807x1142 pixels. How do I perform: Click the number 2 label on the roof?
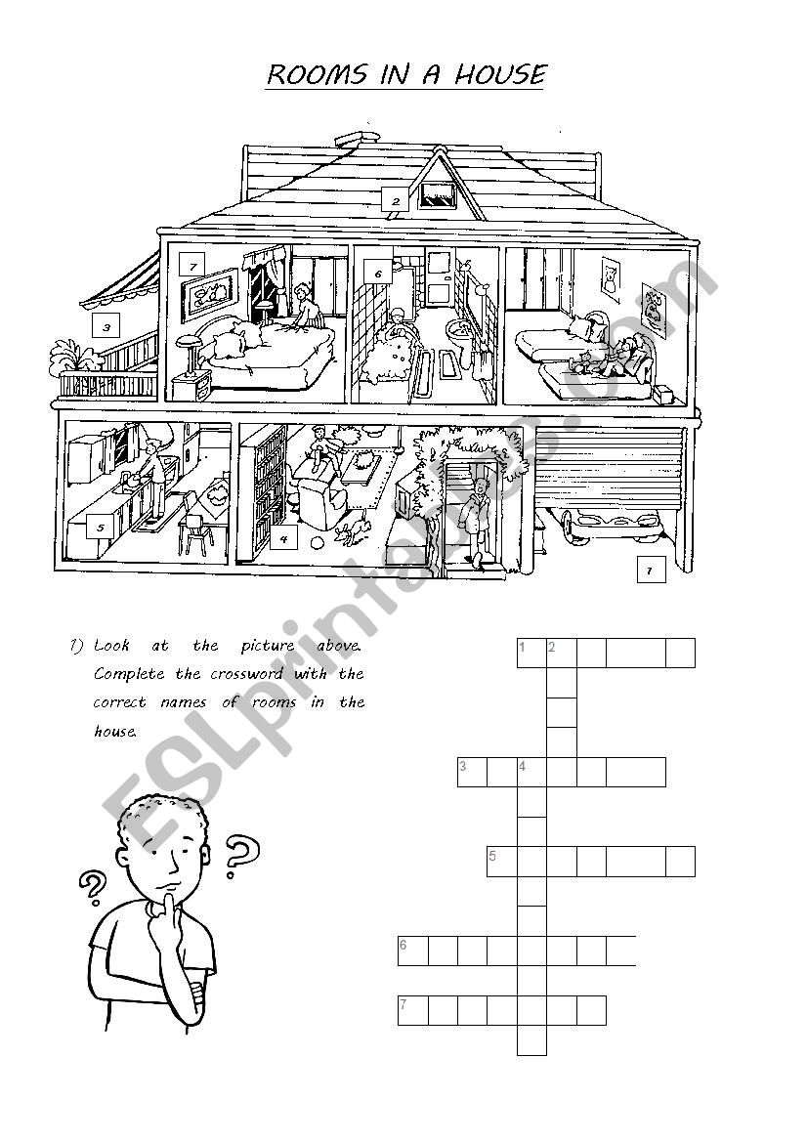point(396,200)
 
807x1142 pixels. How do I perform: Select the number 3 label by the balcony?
point(106,327)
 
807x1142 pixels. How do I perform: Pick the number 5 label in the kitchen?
point(101,528)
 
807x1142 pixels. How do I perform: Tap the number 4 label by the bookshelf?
point(283,539)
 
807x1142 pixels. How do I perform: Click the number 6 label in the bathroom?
point(377,274)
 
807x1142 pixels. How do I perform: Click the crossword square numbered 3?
point(472,772)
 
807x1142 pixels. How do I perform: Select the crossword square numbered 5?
point(502,861)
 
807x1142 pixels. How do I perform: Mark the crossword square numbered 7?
point(413,1010)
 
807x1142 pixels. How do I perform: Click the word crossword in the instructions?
point(246,674)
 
